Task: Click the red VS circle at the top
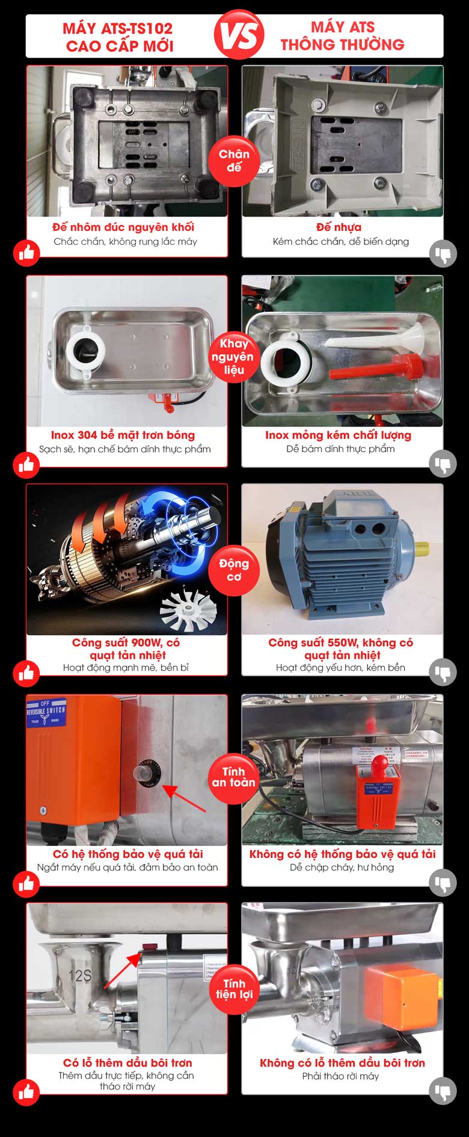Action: (239, 34)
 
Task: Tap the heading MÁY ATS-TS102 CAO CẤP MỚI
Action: (118, 37)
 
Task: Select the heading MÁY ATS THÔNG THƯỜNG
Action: (342, 35)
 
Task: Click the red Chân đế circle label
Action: (234, 161)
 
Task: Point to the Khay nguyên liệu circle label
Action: (234, 357)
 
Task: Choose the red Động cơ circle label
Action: (234, 570)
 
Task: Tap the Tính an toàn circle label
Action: (234, 777)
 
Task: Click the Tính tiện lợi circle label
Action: (234, 988)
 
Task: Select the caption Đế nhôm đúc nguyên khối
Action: (123, 227)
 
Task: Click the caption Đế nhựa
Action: (339, 227)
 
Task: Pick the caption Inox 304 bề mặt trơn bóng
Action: (123, 435)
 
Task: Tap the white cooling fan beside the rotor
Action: (188, 609)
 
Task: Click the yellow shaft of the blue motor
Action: (421, 548)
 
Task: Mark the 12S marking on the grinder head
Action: (80, 975)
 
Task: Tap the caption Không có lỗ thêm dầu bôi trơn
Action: (342, 1063)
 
